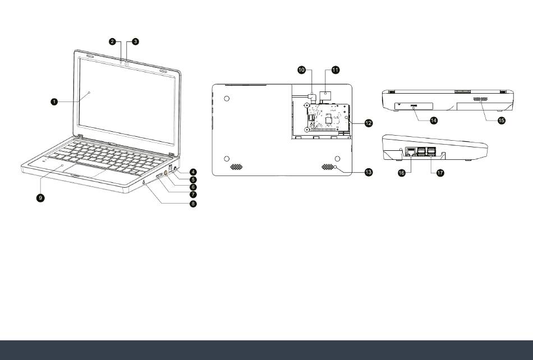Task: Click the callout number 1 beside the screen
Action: point(54,101)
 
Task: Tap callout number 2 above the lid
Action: point(112,41)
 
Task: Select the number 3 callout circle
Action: point(135,41)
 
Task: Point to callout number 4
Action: point(192,172)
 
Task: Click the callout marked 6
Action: point(192,187)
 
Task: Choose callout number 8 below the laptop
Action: point(192,204)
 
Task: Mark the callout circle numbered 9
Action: point(41,197)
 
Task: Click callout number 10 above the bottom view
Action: point(301,70)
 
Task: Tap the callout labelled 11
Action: point(336,70)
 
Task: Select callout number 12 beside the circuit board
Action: point(369,122)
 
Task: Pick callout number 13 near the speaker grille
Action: point(369,172)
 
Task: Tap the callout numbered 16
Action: point(402,173)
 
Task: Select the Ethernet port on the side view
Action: point(410,151)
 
